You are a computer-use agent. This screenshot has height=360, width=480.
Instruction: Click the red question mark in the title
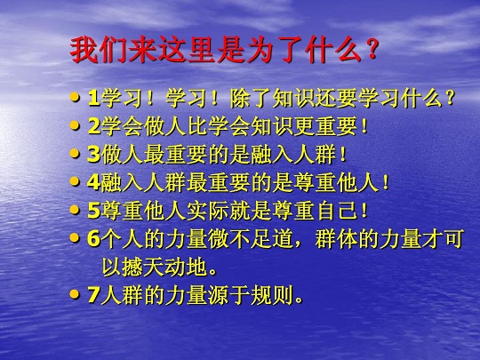point(372,49)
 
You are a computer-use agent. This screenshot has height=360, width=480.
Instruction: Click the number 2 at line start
point(94,126)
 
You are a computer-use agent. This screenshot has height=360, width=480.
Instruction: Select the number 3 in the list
point(94,155)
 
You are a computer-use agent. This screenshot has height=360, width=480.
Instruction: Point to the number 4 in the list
point(94,182)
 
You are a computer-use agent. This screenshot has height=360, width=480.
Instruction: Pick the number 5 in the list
point(94,211)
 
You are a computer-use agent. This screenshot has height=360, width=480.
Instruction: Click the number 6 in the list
point(94,239)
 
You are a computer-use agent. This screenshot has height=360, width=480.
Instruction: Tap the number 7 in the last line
point(94,295)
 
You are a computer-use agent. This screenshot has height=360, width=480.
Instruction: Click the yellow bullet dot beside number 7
point(74,295)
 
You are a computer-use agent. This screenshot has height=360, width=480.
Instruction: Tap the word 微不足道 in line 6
point(251,239)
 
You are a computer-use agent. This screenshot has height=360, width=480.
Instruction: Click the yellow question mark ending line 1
point(450,99)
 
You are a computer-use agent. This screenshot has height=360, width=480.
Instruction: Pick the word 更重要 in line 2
point(325,126)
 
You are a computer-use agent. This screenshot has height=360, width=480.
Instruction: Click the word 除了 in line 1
point(251,99)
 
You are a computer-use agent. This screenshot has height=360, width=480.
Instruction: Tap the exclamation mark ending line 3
point(343,155)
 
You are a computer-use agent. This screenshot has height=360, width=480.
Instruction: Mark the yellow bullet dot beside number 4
point(74,182)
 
